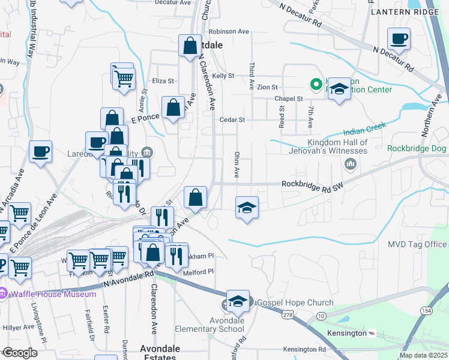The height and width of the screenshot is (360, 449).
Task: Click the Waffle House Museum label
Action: tap(53, 294)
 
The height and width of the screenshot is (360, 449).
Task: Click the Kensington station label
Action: tap(346, 333)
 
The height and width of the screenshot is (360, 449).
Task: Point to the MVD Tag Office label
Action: tap(417, 244)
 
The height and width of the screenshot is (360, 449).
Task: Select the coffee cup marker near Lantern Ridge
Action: tap(399, 40)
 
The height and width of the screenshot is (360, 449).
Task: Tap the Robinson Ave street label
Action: tap(228, 31)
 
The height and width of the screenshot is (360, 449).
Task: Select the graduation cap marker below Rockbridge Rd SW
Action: tap(247, 208)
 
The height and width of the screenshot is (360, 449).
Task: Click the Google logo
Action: tap(20, 353)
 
